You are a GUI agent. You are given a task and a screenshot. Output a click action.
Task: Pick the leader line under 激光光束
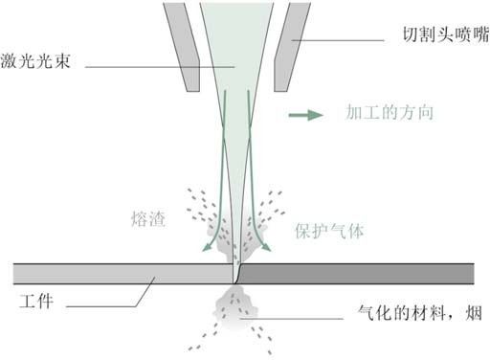(163, 67)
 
